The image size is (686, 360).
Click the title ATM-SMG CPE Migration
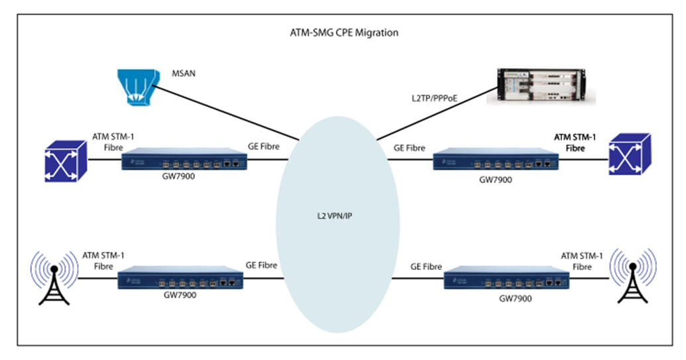click(342, 32)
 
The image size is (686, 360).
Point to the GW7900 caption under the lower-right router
click(515, 298)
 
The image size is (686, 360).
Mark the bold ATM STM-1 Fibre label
click(574, 143)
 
